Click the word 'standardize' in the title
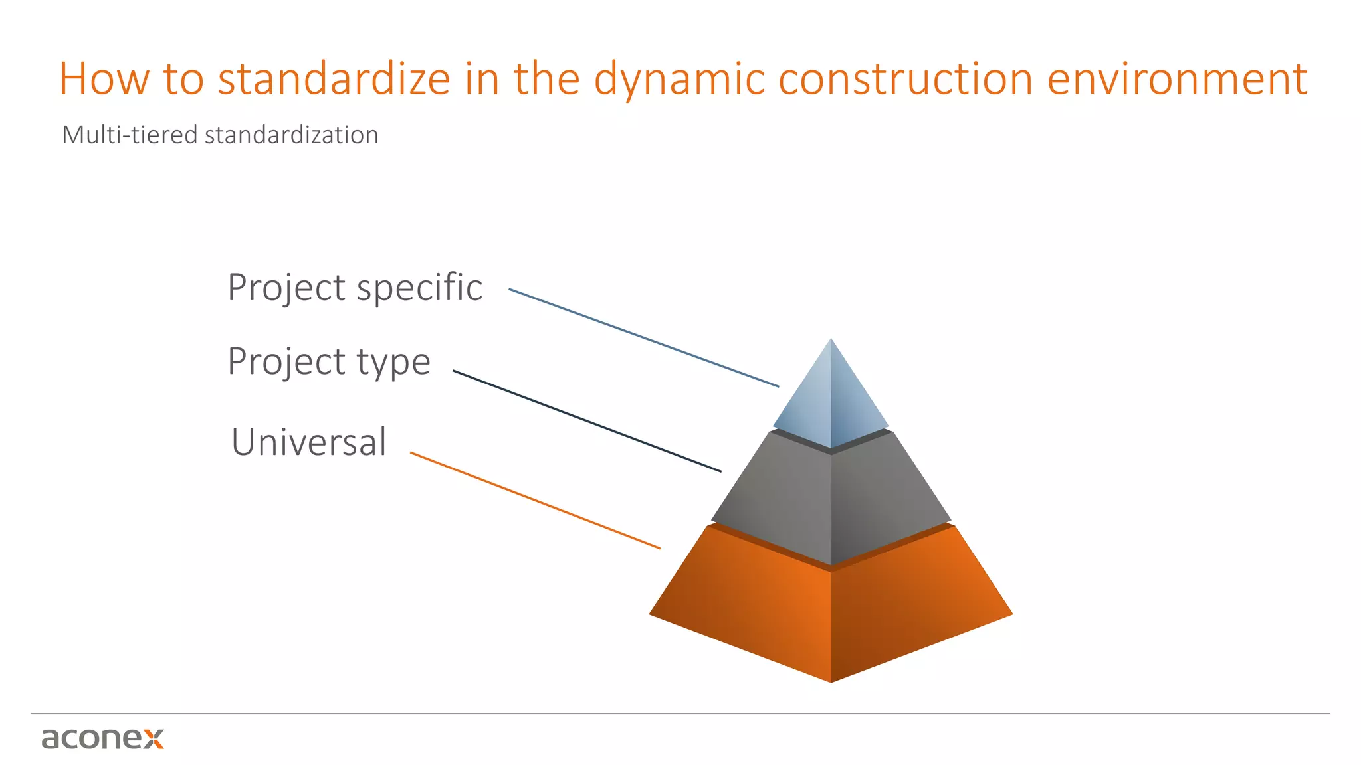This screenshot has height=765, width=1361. click(x=334, y=79)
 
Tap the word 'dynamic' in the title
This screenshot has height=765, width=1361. click(x=679, y=79)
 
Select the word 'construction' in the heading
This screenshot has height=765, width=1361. click(x=905, y=79)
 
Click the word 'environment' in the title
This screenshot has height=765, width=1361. click(x=1177, y=79)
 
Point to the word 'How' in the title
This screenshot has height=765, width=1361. click(x=104, y=79)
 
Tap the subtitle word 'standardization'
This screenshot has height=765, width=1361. click(x=291, y=135)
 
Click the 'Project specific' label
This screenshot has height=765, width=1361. click(x=355, y=288)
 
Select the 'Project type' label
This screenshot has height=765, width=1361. click(x=329, y=362)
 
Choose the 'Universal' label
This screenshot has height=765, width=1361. click(x=308, y=442)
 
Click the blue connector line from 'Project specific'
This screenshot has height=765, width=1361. click(x=643, y=337)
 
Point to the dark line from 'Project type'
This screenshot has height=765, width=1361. click(x=587, y=421)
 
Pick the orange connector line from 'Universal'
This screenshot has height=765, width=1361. click(x=535, y=500)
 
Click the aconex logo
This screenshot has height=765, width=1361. click(x=102, y=738)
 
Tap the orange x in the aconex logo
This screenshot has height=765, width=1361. click(x=154, y=738)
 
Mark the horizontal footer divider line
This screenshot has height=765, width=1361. click(x=680, y=714)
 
